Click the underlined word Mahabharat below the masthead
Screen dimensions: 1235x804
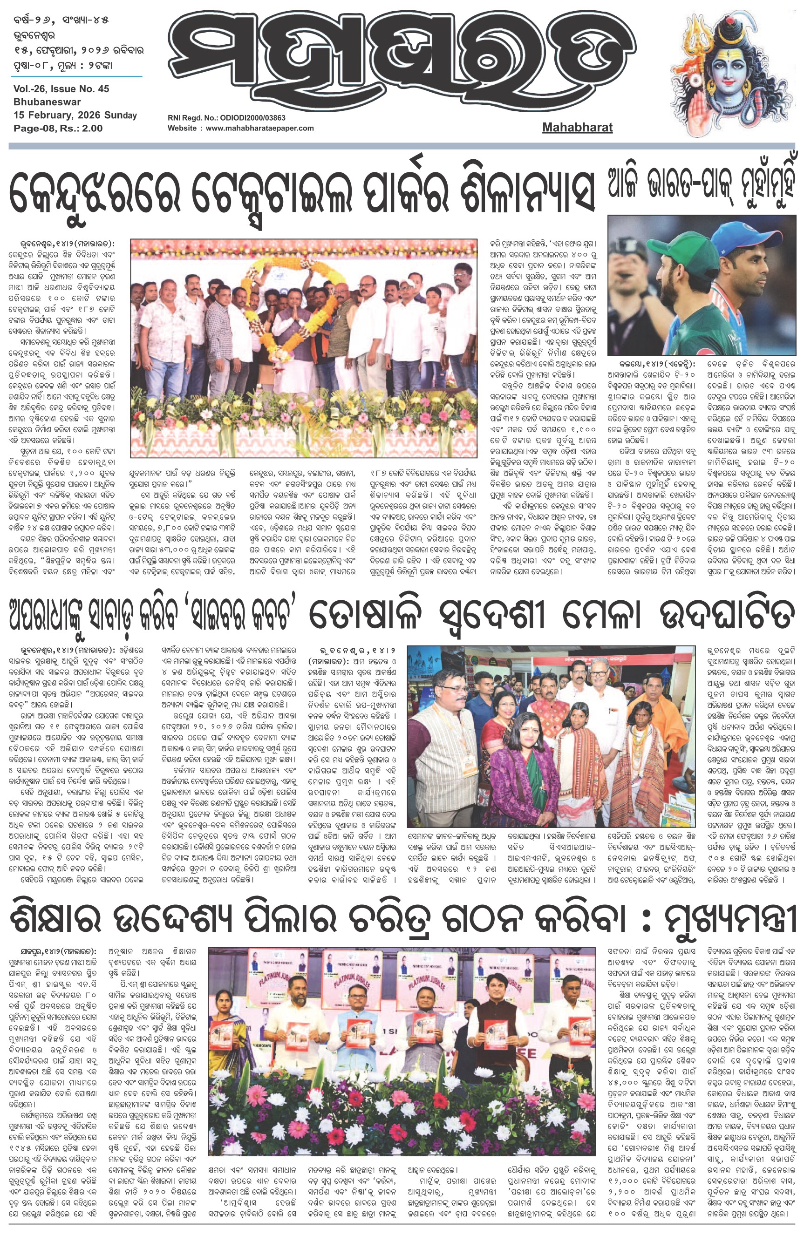pyautogui.click(x=577, y=127)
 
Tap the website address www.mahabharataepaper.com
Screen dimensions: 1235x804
pyautogui.click(x=259, y=128)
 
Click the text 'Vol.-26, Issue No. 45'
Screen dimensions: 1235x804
pyautogui.click(x=61, y=89)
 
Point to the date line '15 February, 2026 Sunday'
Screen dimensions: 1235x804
pyautogui.click(x=75, y=115)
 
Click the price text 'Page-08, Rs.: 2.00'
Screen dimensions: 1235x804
pyautogui.click(x=58, y=128)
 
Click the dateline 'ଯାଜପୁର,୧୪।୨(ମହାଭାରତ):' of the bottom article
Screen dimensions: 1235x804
pyautogui.click(x=52, y=953)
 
